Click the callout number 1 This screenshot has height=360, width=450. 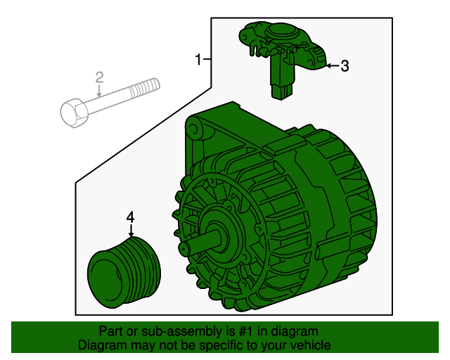pos(198,60)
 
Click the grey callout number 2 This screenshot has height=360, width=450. pos(99,77)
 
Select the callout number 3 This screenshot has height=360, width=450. pos(345,66)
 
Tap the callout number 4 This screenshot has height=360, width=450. pos(130,217)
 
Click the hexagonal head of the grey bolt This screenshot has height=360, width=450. pos(73,112)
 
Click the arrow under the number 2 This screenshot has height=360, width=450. pos(99,91)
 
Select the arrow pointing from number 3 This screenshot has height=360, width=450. pos(333,65)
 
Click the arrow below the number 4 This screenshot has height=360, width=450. pos(131,231)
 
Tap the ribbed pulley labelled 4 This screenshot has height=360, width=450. pos(124,273)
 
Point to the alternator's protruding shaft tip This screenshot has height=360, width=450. pos(184,247)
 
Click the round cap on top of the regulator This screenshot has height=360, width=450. pos(281,32)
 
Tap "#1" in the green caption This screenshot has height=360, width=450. pos(246,331)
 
